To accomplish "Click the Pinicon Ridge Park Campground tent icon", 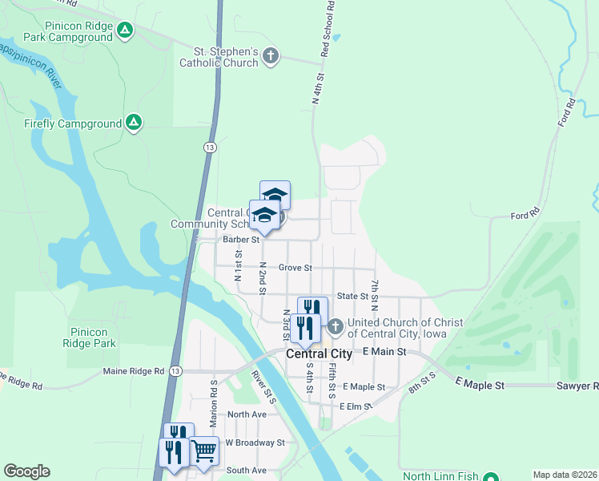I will [124, 30].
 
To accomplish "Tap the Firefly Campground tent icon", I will [134, 123].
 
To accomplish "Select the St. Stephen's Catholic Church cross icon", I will [271, 55].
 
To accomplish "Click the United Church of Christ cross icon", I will [336, 326].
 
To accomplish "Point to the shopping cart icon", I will [204, 451].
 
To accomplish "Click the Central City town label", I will [319, 354].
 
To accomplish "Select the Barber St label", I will [242, 239].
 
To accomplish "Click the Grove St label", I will [295, 268].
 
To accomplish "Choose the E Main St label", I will [384, 352].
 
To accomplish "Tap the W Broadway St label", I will [255, 443].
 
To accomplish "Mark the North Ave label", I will [246, 414].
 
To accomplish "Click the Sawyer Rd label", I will [577, 386].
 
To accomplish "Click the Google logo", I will [26, 471].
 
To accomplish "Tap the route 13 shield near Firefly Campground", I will [209, 148].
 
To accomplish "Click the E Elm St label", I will [356, 406].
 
